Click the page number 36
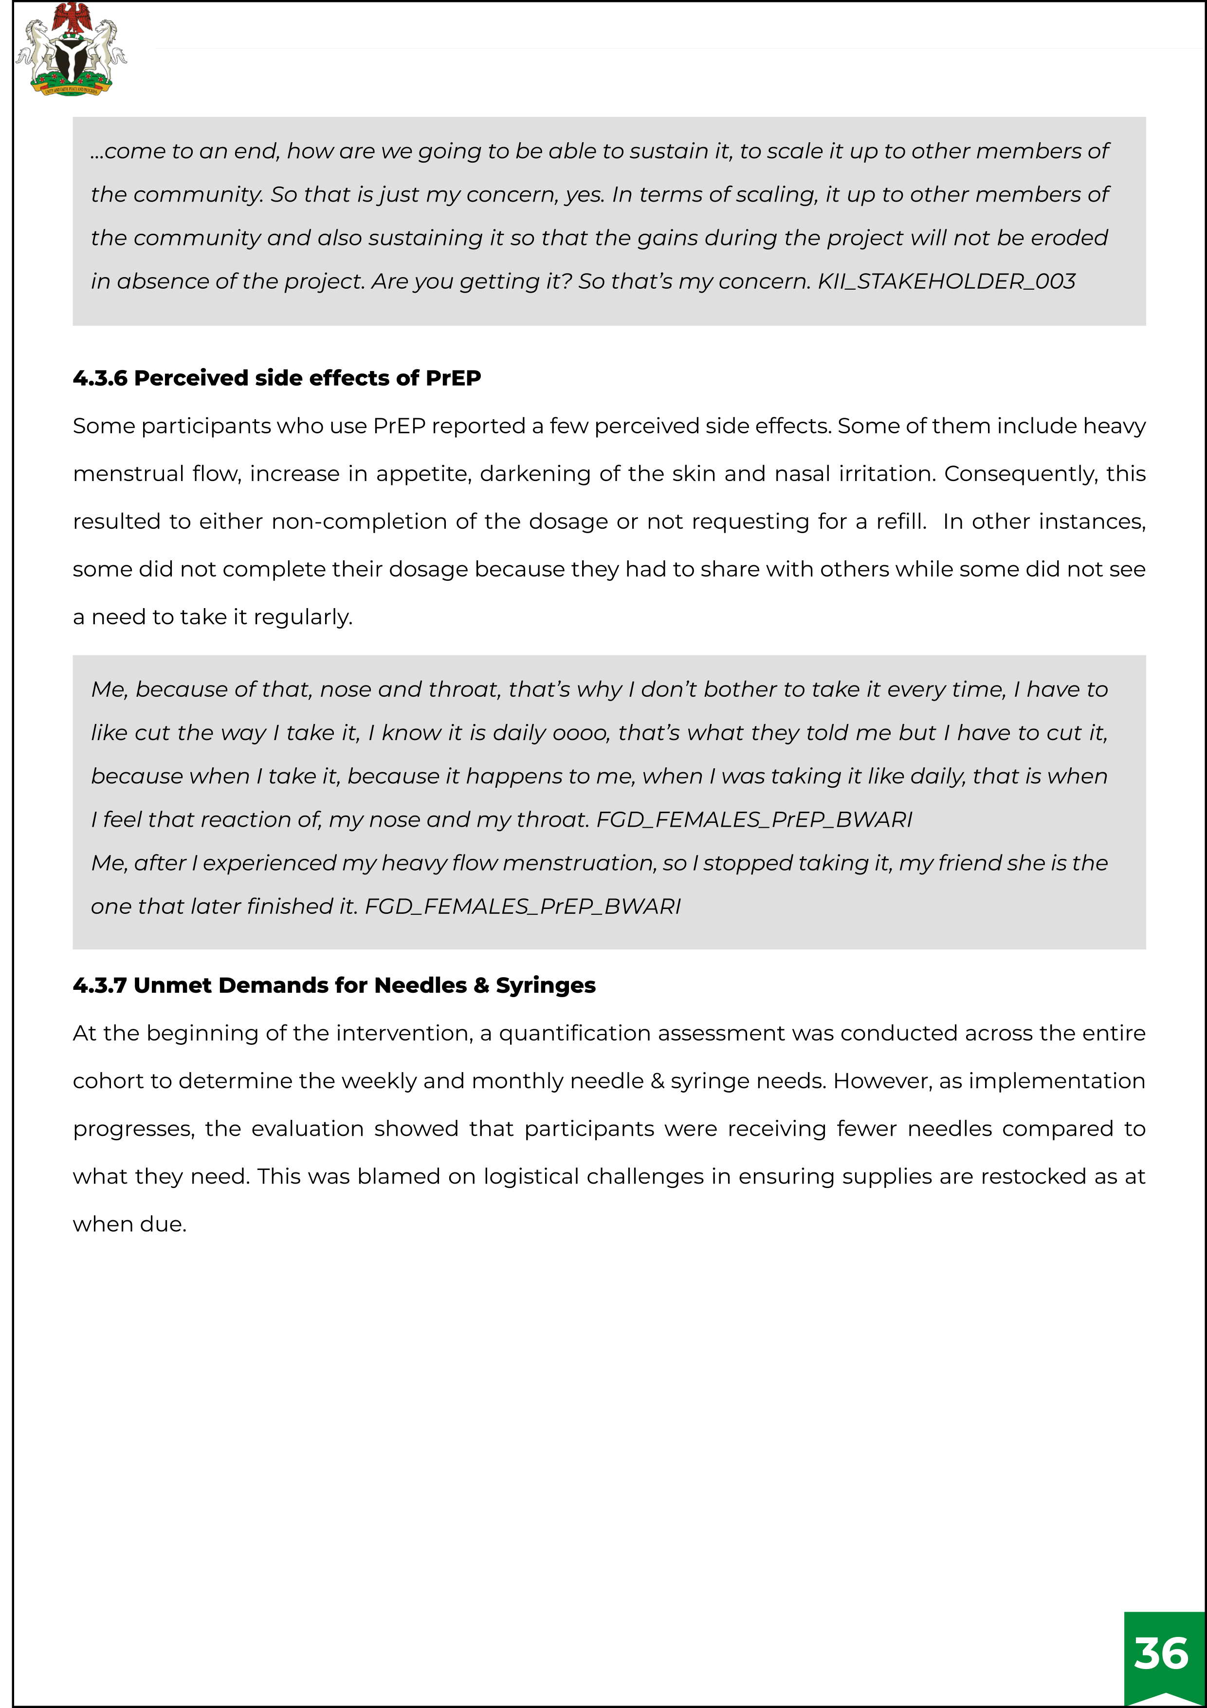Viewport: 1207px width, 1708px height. click(x=1161, y=1653)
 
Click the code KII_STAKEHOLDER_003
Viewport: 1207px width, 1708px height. click(x=946, y=281)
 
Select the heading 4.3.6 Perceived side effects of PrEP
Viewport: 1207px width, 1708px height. click(x=276, y=378)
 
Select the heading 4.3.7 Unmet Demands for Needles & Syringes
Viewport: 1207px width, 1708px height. click(x=334, y=985)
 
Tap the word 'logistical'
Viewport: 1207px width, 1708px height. click(x=531, y=1176)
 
